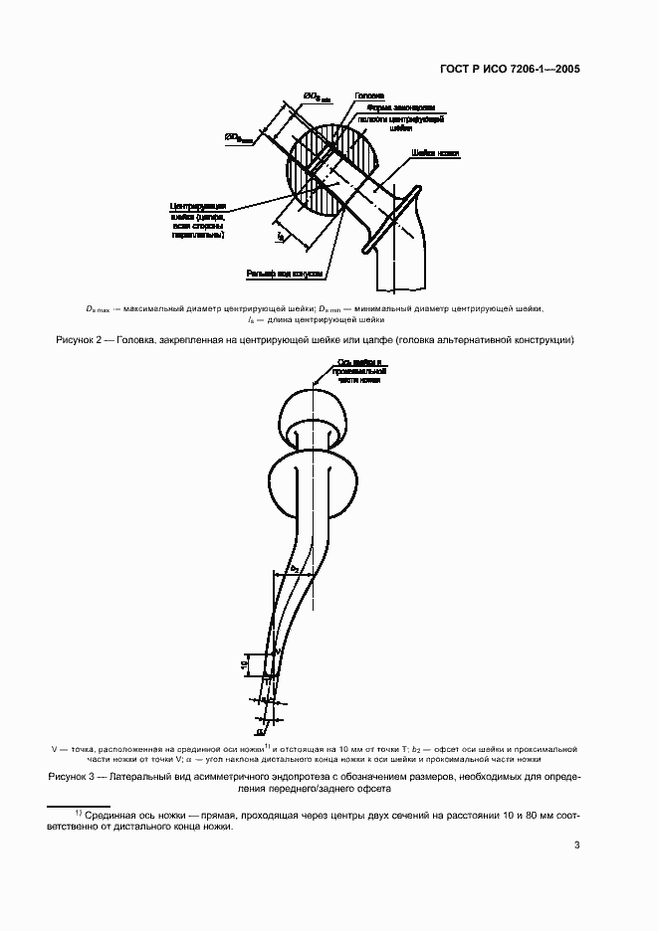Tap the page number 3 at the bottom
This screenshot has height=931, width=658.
tap(577, 845)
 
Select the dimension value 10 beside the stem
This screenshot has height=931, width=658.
tap(244, 666)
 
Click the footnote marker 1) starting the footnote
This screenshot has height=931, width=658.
tap(79, 813)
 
